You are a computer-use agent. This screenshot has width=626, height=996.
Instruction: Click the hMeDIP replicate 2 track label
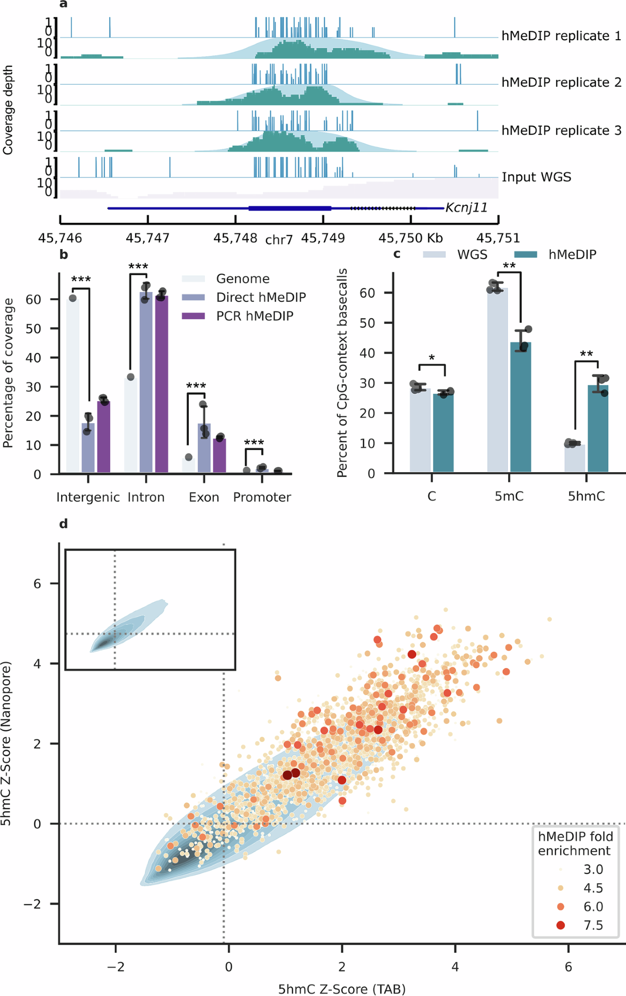[x=561, y=83]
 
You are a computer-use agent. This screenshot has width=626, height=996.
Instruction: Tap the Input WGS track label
[x=536, y=177]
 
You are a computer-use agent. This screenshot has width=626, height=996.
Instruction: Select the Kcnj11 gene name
[x=466, y=208]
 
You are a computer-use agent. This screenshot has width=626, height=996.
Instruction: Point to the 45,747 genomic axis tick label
[x=148, y=238]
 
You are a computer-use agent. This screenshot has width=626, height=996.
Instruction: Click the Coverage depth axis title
[x=8, y=110]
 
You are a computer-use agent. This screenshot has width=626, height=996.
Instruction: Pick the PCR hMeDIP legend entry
[x=255, y=316]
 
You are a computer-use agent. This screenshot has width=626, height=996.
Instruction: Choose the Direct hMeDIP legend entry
[x=261, y=297]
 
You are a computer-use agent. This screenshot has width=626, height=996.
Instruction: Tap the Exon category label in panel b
[x=204, y=497]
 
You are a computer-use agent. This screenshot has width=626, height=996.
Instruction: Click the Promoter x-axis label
[x=262, y=497]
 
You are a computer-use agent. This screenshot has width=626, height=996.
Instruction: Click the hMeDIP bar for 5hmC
[x=598, y=429]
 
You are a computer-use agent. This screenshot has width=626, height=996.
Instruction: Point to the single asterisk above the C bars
[x=431, y=358]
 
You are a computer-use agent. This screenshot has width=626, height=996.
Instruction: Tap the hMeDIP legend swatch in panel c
[x=526, y=255]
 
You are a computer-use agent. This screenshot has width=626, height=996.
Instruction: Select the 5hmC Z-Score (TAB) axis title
[x=342, y=989]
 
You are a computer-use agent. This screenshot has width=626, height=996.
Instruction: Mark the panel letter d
[x=64, y=524]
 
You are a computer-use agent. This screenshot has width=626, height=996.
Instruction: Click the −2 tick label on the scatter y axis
[x=32, y=904]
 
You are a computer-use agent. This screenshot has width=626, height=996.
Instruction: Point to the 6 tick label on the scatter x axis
[x=568, y=967]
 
